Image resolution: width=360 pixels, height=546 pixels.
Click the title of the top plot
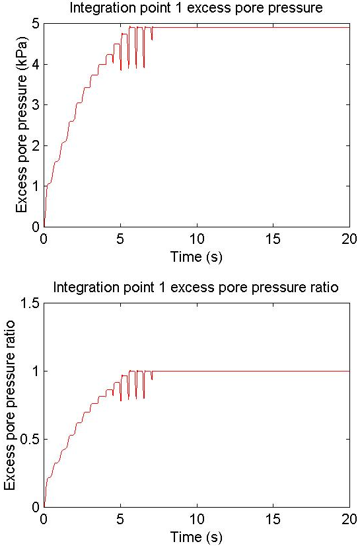196,8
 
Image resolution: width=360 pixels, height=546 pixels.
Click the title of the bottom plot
196,288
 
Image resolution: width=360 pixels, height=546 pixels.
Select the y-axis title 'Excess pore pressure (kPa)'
21,124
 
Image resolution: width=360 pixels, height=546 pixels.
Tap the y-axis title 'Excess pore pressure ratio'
10,405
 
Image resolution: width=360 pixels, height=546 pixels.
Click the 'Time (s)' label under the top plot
196,257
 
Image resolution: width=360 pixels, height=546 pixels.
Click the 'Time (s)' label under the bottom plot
196,537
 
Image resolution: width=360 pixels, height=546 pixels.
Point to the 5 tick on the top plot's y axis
36,24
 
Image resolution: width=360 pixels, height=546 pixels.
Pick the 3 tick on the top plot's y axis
36,105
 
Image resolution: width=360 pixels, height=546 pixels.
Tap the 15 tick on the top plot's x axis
273,239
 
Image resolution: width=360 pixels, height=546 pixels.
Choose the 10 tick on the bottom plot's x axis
197,519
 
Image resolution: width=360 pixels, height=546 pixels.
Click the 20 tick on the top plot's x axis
349,239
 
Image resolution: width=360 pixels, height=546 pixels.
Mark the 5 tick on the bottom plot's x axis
120,519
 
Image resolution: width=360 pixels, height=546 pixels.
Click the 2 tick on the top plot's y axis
36,145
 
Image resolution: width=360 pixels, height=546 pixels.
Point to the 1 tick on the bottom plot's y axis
36,371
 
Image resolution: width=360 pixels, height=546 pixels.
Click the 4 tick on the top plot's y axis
36,64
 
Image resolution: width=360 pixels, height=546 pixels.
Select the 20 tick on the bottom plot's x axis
349,519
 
